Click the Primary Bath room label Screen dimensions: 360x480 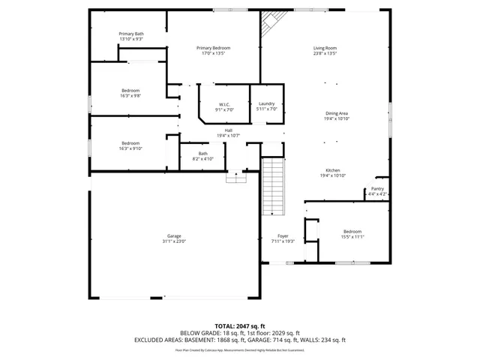click(130, 34)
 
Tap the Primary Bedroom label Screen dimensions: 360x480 click(213, 48)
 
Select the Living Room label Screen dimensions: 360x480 click(325, 48)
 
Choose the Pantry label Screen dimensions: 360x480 click(377, 189)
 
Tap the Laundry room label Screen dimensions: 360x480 click(267, 103)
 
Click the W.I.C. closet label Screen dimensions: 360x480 click(223, 103)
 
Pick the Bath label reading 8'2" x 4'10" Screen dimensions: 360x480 click(202, 153)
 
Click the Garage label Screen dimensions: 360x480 click(173, 236)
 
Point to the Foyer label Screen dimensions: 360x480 click(283, 235)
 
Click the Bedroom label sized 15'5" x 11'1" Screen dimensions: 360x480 click(352, 231)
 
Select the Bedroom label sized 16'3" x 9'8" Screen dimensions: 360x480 click(130, 91)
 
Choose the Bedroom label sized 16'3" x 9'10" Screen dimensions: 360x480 click(130, 143)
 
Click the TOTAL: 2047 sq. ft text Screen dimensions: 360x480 click(239, 326)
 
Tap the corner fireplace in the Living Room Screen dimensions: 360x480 click(268, 28)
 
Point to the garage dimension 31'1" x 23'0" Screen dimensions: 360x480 click(173, 241)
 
